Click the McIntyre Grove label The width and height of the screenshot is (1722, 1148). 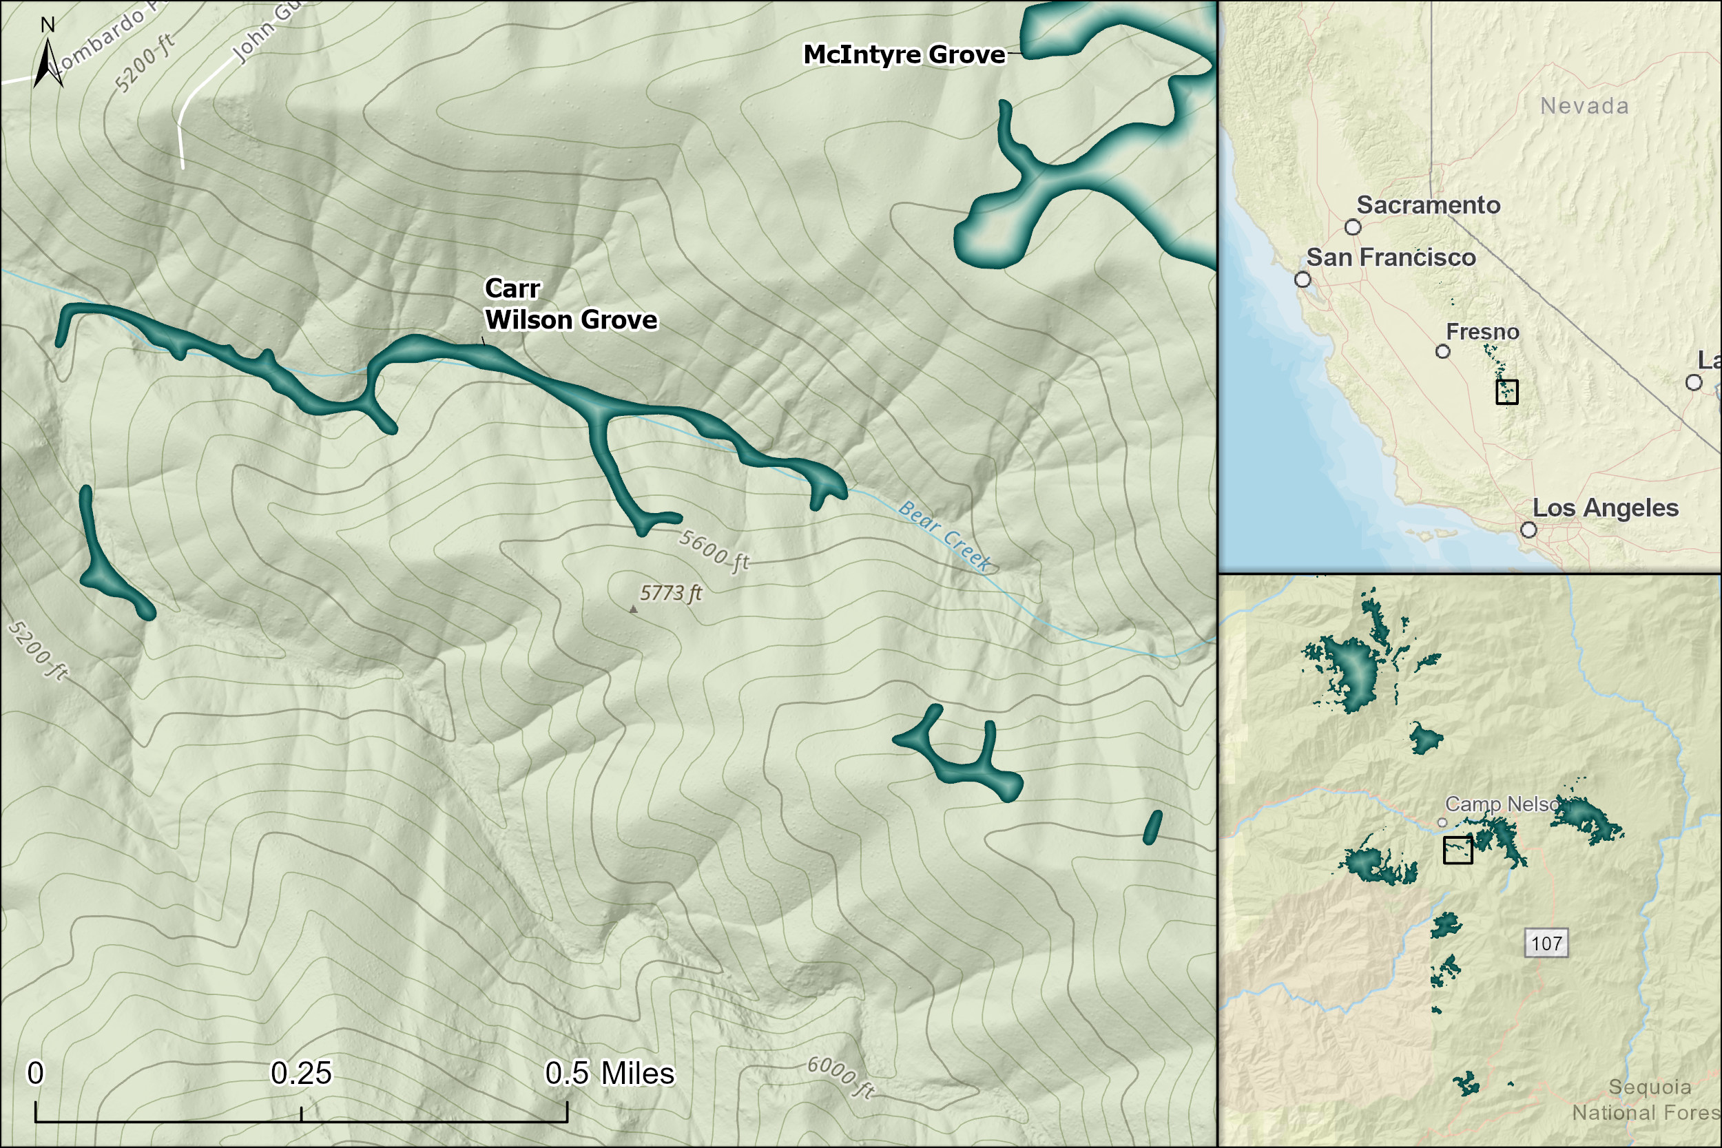904,55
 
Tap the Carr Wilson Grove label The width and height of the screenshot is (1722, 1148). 570,304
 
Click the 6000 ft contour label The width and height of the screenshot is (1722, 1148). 841,1077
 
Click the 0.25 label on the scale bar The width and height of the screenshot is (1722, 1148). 301,1074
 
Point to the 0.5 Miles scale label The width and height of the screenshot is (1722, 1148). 609,1074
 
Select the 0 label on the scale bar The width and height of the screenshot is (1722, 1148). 35,1074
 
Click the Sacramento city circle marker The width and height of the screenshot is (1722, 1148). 1353,227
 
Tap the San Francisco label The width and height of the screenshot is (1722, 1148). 1391,258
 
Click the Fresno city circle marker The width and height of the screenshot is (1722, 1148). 1442,351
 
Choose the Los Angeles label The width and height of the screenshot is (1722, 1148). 1605,508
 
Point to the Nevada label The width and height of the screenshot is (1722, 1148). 1584,106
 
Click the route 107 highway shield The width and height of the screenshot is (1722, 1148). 1546,943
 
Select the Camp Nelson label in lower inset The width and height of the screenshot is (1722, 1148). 1501,804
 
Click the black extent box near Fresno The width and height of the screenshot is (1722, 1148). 1507,392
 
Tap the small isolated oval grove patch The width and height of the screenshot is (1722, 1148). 1152,827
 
